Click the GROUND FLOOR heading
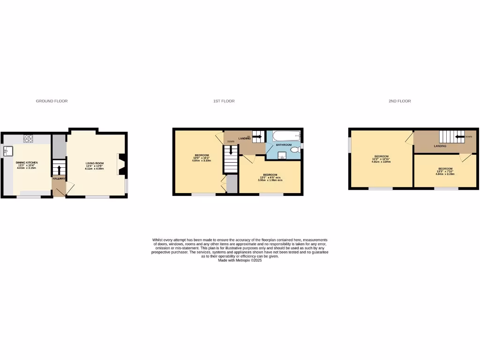[x=52, y=101]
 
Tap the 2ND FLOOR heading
[x=399, y=101]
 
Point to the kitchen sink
[x=8, y=151]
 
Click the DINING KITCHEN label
[x=27, y=163]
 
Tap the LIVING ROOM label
[x=94, y=163]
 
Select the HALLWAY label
[x=59, y=179]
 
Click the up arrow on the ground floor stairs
[x=59, y=168]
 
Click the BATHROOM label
[x=283, y=145]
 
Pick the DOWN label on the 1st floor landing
[x=231, y=142]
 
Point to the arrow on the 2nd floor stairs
[x=458, y=137]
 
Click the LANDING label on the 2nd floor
[x=440, y=146]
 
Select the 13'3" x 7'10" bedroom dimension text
[x=445, y=171]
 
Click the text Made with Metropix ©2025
[x=240, y=260]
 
